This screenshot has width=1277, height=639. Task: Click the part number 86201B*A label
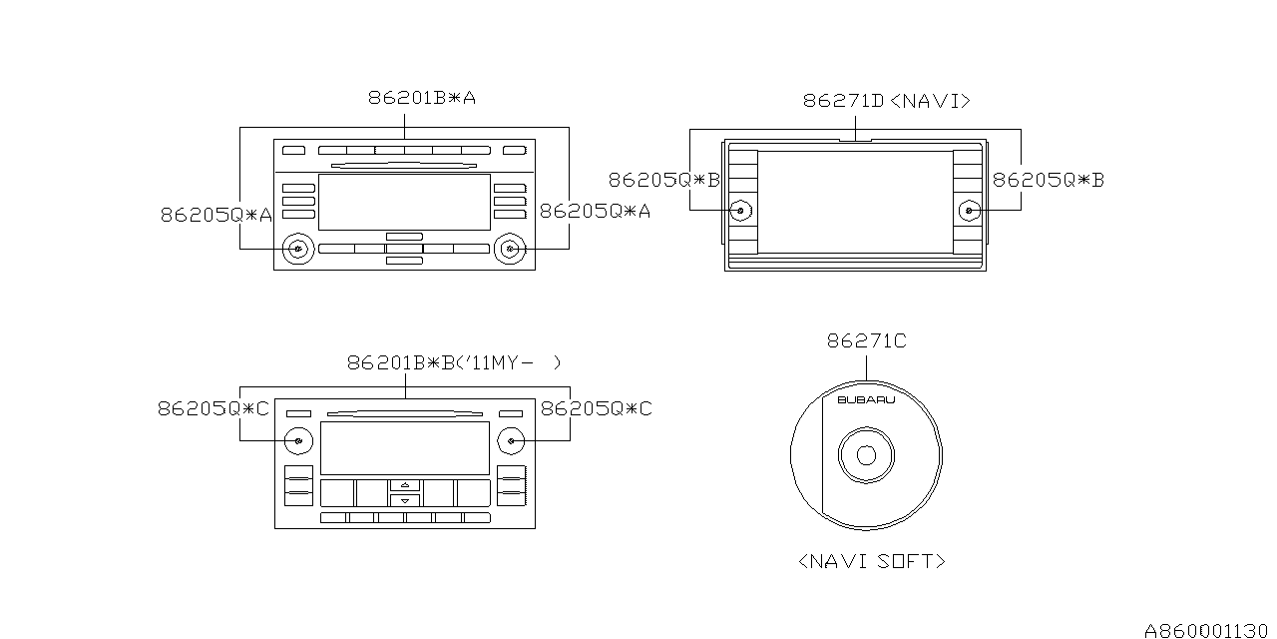[x=421, y=98]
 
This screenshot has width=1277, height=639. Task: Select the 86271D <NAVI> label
[x=887, y=101]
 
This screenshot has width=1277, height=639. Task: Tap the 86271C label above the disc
[x=867, y=341]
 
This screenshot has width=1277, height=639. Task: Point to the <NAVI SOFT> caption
[x=872, y=561]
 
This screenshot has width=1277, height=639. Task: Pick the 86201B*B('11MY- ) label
[x=454, y=362]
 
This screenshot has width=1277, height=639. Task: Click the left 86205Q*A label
[x=216, y=215]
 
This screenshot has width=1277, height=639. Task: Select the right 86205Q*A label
[x=595, y=211]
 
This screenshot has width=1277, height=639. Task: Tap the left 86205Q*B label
[x=664, y=181]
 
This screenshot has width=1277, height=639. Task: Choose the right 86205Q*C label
[x=596, y=408]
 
